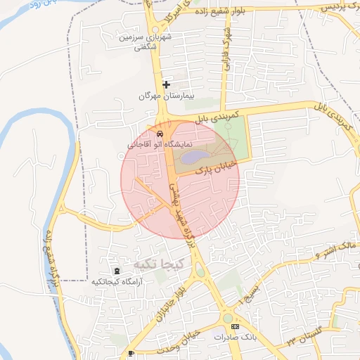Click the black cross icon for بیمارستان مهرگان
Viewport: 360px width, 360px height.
pyautogui.click(x=166, y=84)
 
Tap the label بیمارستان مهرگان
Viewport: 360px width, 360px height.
pyautogui.click(x=166, y=96)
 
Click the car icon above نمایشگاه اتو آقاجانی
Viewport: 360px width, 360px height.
pyautogui.click(x=161, y=134)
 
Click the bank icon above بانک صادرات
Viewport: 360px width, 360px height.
pyautogui.click(x=235, y=327)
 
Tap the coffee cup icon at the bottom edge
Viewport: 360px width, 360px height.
pyautogui.click(x=131, y=353)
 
